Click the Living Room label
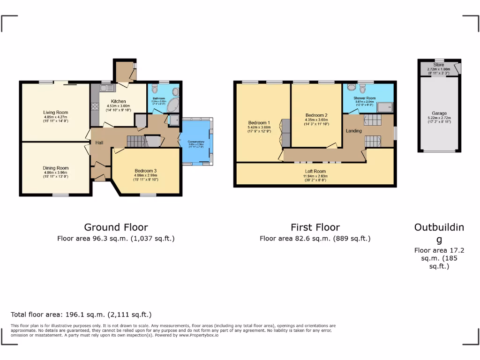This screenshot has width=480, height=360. click(55, 112)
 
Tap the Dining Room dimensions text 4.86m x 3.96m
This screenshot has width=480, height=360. click(56, 172)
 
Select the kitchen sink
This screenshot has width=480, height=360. click(106, 88)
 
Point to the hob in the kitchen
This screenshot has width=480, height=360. click(95, 106)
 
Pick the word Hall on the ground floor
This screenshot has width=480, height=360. click(100, 142)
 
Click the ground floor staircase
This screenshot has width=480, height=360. click(135, 141)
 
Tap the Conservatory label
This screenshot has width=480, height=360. click(196, 142)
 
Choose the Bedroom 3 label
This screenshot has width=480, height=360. click(146, 171)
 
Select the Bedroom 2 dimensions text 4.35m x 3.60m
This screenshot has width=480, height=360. click(316, 120)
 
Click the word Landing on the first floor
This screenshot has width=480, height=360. click(354, 131)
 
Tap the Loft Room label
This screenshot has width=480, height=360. click(315, 172)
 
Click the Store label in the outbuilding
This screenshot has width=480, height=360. click(438, 65)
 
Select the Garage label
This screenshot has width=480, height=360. click(439, 113)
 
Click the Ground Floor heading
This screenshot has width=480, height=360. click(116, 227)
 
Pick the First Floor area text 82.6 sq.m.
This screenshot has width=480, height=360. click(315, 239)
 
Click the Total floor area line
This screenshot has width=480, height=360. click(81, 315)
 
